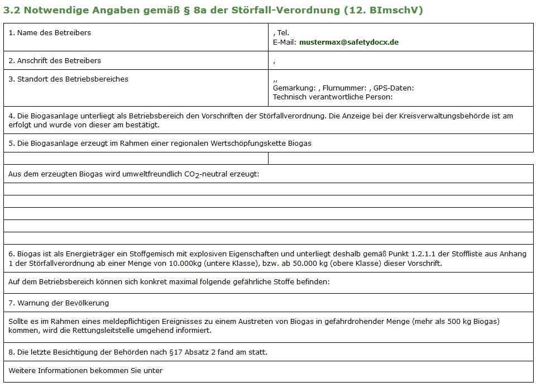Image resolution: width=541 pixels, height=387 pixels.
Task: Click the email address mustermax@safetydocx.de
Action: pyautogui.click(x=349, y=42)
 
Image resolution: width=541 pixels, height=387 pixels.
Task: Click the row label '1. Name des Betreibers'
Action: pyautogui.click(x=50, y=32)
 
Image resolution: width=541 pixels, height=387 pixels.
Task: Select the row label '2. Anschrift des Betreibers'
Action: pyautogui.click(x=55, y=60)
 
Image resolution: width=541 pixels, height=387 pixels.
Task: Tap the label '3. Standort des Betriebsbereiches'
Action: pyautogui.click(x=68, y=79)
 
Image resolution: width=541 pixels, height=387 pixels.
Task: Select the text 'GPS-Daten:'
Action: pyautogui.click(x=394, y=88)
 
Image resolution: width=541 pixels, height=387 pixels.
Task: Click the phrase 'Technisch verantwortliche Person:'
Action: pyautogui.click(x=333, y=97)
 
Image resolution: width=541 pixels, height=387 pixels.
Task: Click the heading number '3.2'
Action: pyautogui.click(x=12, y=11)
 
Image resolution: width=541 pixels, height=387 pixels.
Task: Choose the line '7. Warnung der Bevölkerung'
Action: pyautogui.click(x=59, y=303)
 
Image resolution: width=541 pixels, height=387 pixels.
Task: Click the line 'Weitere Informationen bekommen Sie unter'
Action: pyautogui.click(x=85, y=370)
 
